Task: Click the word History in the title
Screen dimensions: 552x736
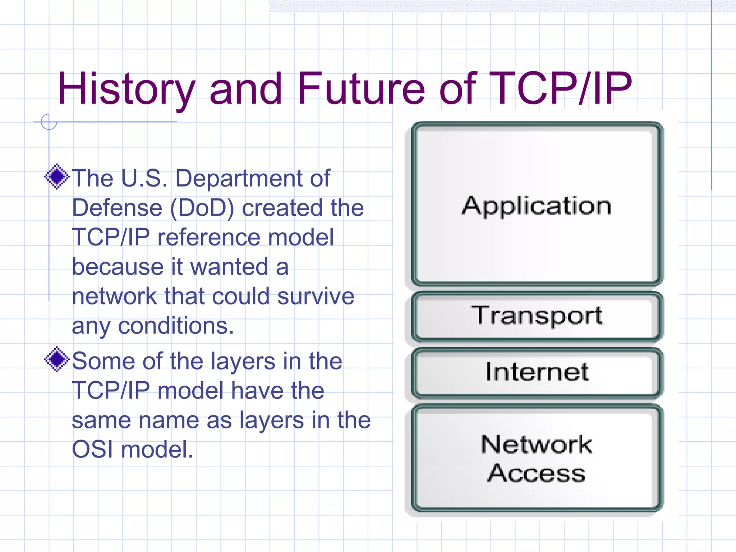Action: coord(126,89)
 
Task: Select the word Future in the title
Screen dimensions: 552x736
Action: coord(361,89)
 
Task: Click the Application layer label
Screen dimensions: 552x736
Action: coord(536,206)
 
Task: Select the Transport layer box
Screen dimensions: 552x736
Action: coord(536,316)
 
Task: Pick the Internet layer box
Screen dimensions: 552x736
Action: coord(536,372)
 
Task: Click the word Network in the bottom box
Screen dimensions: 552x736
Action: coord(536,445)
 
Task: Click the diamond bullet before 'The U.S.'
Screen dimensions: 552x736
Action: coord(57,176)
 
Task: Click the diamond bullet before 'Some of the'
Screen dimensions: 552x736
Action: coord(57,359)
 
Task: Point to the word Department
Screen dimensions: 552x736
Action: coord(239,178)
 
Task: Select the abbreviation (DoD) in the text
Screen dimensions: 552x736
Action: coord(202,208)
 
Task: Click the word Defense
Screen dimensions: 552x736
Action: coord(117,208)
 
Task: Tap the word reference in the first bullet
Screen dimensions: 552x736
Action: coord(209,238)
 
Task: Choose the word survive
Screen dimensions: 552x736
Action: coord(316,296)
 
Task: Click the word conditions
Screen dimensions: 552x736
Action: coord(176,326)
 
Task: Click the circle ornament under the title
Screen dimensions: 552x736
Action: coord(49,122)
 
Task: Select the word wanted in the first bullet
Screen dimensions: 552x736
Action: coord(229,267)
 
